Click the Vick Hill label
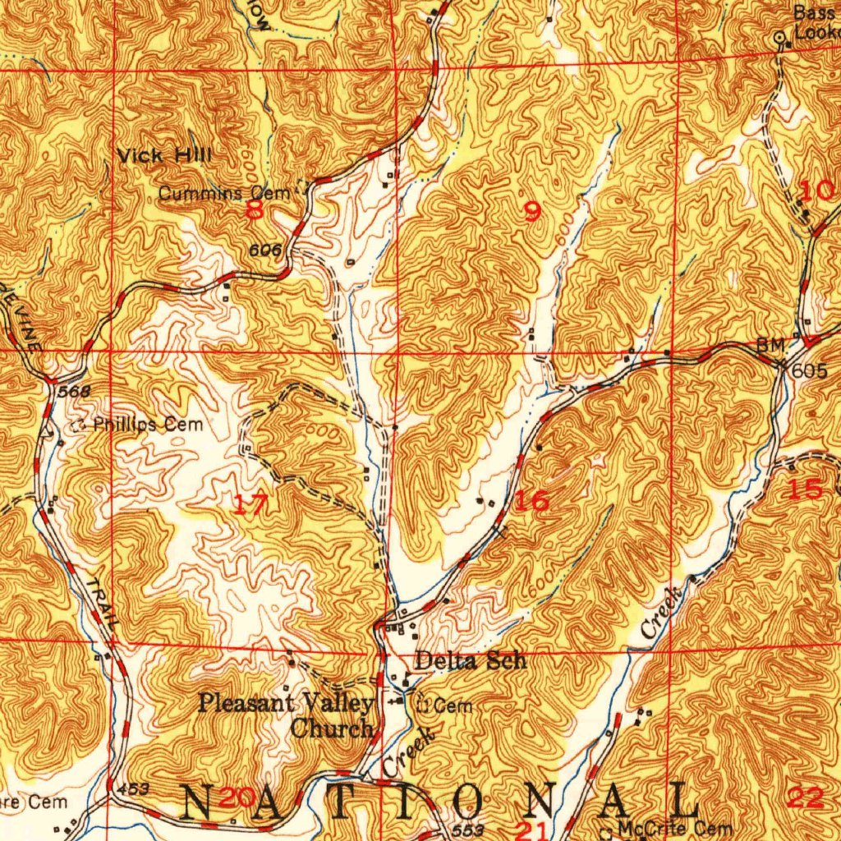point(164,155)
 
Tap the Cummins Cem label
point(224,194)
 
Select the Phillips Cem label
point(143,425)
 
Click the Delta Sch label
point(470,660)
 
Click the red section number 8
point(255,210)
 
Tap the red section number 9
point(532,212)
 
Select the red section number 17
point(249,504)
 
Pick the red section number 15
point(805,489)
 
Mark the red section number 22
point(805,796)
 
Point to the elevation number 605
point(810,371)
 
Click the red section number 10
point(815,192)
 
